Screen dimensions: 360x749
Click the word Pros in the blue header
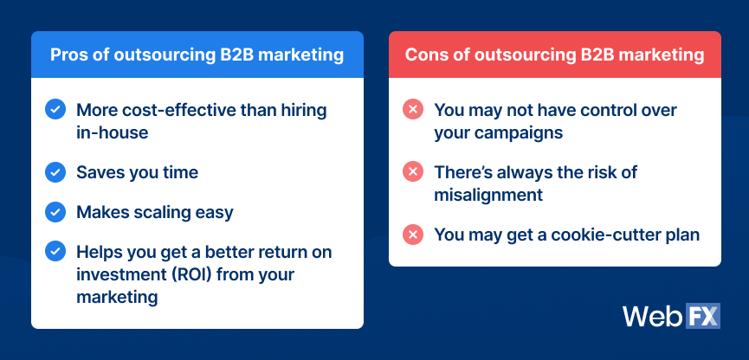click(68, 55)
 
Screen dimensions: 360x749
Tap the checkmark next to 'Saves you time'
click(54, 172)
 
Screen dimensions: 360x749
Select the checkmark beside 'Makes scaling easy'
click(54, 212)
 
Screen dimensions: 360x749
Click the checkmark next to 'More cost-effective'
click(54, 110)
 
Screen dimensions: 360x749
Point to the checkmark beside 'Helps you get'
click(54, 252)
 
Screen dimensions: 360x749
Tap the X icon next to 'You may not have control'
click(412, 110)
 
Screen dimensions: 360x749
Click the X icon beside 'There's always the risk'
click(412, 172)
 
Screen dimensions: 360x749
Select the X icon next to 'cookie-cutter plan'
click(412, 235)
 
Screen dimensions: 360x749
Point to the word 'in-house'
click(112, 133)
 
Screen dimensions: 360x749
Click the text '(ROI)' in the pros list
click(184, 274)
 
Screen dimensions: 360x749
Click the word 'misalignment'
click(488, 196)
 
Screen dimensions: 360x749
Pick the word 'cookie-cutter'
click(604, 235)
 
